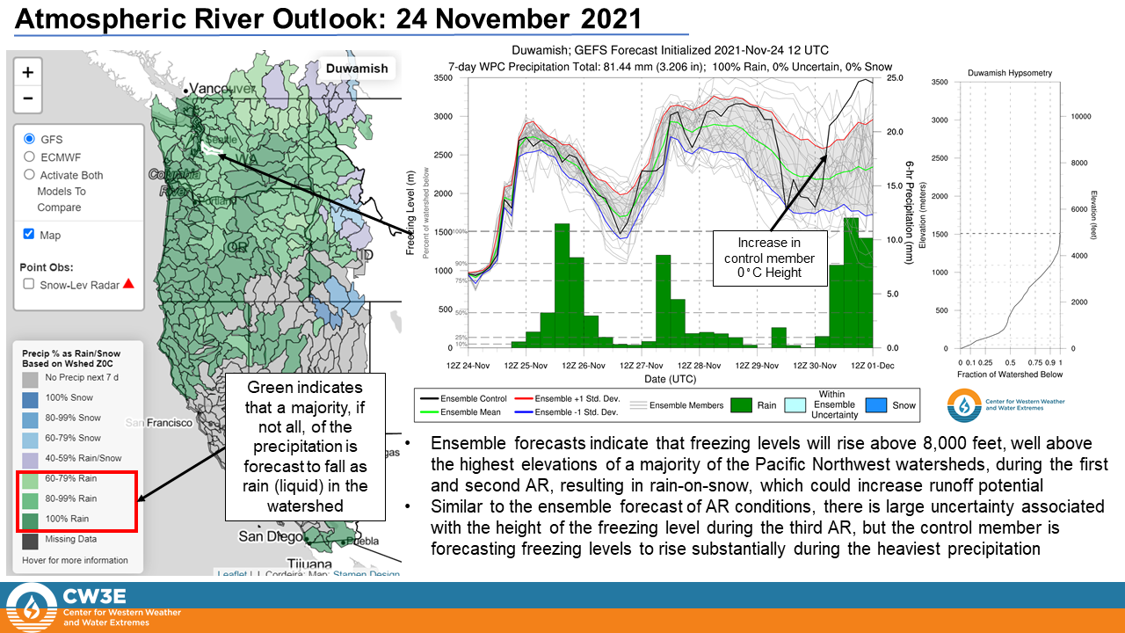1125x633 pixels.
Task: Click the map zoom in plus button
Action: click(x=28, y=72)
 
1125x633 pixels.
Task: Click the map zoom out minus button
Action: click(x=28, y=98)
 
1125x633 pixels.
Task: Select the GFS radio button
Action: click(x=30, y=139)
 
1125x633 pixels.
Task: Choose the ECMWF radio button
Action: click(x=30, y=156)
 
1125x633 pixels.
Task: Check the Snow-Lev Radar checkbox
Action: click(x=29, y=284)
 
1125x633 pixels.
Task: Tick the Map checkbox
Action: click(x=29, y=234)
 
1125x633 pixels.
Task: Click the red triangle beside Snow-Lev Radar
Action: click(x=128, y=284)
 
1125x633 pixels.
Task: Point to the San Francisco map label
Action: click(x=159, y=423)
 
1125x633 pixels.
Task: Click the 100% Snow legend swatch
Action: click(x=31, y=398)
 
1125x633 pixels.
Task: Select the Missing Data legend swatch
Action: click(x=31, y=540)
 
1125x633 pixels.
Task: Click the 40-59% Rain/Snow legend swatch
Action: click(x=31, y=458)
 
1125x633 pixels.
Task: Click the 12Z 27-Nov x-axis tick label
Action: click(x=640, y=365)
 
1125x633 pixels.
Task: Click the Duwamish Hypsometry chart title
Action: click(x=1009, y=73)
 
